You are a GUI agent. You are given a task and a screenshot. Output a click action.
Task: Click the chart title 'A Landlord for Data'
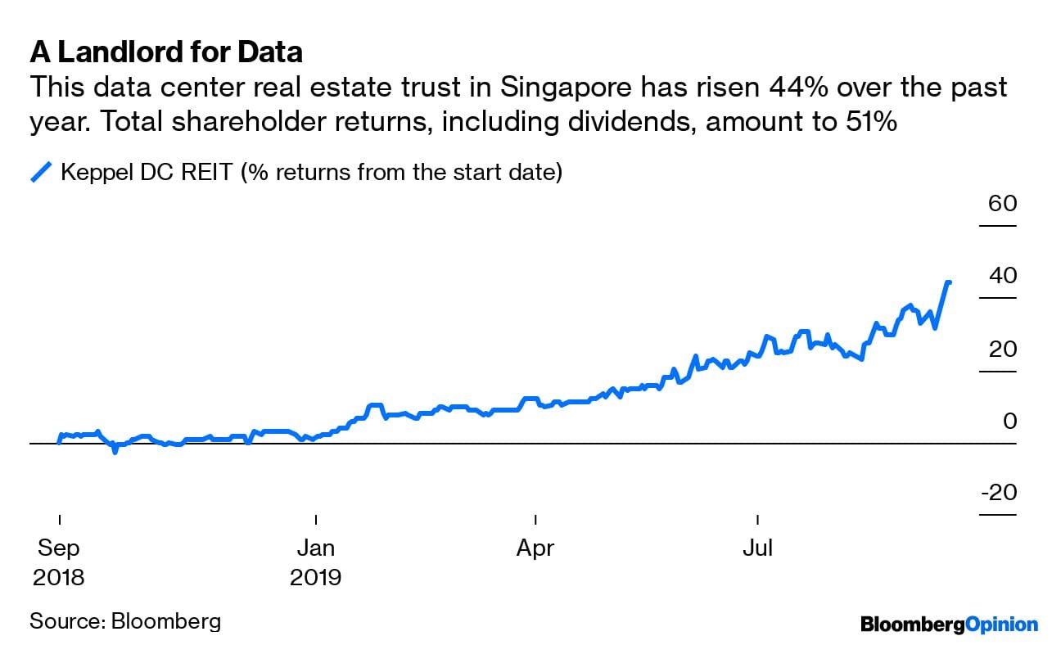click(166, 52)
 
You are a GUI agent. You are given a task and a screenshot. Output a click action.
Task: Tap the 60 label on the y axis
click(1002, 203)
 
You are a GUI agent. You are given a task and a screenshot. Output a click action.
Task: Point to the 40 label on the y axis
click(1002, 275)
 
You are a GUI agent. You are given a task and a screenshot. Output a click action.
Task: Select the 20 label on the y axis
click(1002, 349)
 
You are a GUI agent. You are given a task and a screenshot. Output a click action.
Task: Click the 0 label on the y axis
click(1009, 421)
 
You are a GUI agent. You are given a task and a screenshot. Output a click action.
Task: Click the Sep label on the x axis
click(59, 548)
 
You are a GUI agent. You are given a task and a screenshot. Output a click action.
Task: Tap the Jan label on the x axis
click(315, 548)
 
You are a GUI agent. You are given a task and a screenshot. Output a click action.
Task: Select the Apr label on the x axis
click(535, 548)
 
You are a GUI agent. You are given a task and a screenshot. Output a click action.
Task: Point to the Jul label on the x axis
click(758, 548)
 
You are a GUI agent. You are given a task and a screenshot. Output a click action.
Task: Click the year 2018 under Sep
click(59, 577)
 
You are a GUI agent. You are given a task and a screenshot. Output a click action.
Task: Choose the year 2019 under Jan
click(315, 577)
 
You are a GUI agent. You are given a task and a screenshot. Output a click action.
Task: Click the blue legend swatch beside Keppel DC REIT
click(42, 173)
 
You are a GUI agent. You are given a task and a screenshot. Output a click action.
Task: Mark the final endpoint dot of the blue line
click(948, 282)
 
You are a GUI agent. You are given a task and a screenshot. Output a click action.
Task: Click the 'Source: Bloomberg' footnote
click(125, 620)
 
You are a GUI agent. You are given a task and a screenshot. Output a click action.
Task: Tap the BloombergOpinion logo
click(949, 625)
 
